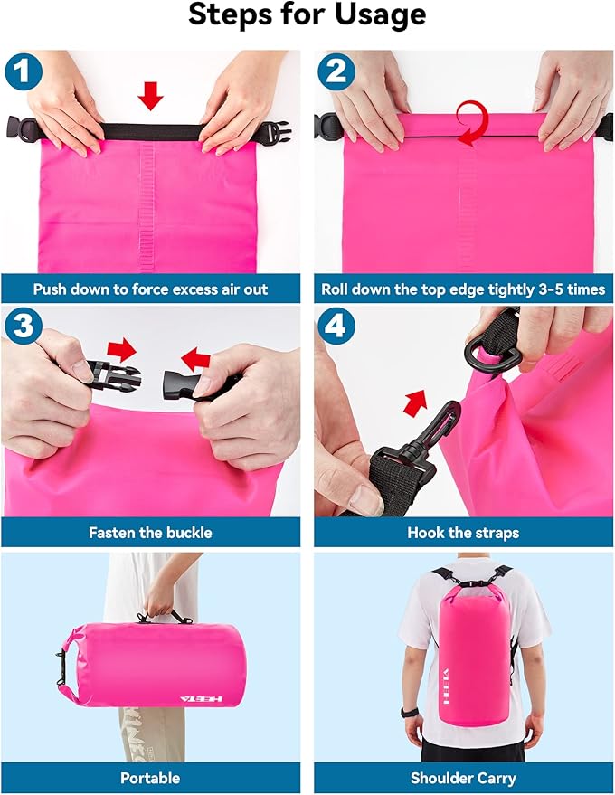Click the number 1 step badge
pos(24,71)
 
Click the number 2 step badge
pos(336,71)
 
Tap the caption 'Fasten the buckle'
pos(150,533)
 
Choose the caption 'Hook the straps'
pos(463,533)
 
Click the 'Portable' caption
pos(150,778)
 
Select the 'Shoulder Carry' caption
pos(463,778)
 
